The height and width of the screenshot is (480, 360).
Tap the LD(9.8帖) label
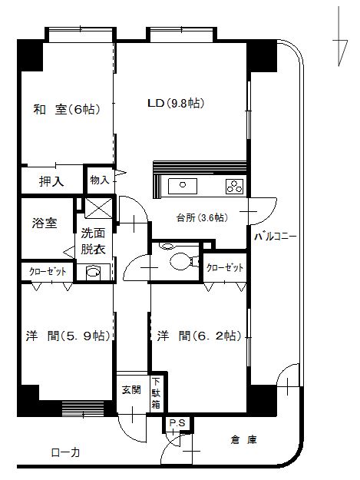(x=176, y=103)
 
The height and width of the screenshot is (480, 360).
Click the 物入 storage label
(x=100, y=179)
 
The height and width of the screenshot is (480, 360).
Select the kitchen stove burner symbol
(x=233, y=185)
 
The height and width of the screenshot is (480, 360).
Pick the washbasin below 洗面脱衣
(x=93, y=270)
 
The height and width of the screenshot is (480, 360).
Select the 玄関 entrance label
(x=130, y=389)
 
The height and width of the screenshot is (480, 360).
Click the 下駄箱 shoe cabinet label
(x=156, y=392)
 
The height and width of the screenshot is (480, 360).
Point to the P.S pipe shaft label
(x=177, y=422)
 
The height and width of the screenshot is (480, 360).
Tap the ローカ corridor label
(x=65, y=452)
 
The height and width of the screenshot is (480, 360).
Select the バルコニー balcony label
(x=276, y=237)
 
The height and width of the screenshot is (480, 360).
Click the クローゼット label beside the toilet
(x=225, y=267)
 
